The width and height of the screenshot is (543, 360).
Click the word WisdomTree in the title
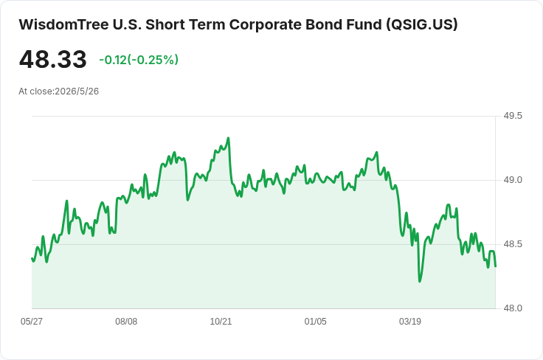coord(63,24)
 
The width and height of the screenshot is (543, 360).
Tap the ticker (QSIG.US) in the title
coord(422,24)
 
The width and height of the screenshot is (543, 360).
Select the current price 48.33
coord(52,59)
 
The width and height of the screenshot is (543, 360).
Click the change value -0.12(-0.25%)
coord(139,60)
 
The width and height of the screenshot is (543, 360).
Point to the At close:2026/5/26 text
coord(58,91)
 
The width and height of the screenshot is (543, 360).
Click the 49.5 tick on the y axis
coord(513,116)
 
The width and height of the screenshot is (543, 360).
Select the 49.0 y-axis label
coord(513,180)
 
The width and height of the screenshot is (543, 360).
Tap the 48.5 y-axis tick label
coord(513,244)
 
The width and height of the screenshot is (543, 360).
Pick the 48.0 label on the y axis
coord(513,308)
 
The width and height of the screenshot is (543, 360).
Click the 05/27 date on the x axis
coord(32,322)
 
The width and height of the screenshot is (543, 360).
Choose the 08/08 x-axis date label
coord(126,322)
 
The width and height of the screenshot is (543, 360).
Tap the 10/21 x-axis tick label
coord(221,322)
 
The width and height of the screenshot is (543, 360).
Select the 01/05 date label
coord(315,322)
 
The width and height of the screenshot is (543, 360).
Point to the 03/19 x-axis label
coord(410,322)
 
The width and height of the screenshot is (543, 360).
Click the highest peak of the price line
coord(228,138)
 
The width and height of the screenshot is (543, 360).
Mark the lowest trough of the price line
coord(420,281)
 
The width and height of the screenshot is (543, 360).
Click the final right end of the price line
coord(496,266)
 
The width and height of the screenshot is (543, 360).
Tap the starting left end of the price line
coord(32,258)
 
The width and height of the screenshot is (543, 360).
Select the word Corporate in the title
coord(265,25)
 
